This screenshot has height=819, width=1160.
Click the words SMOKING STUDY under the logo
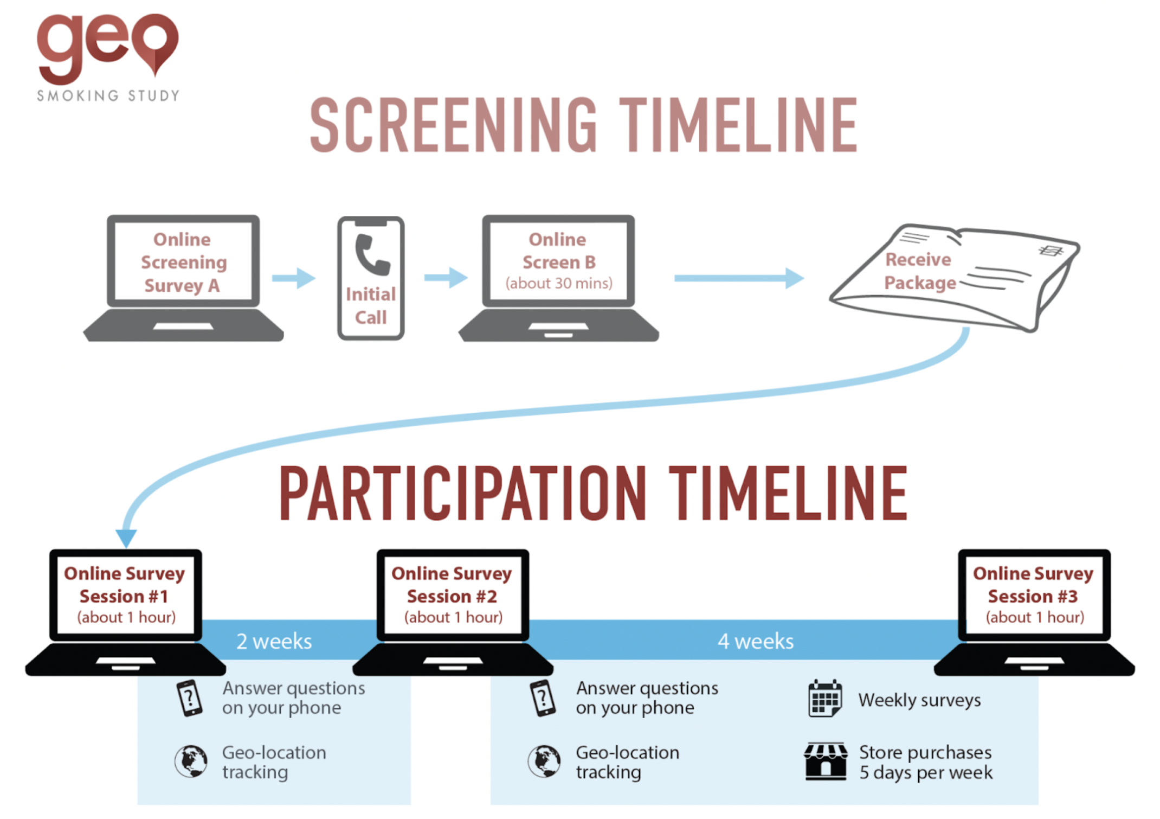click(x=108, y=96)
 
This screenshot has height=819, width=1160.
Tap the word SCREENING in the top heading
click(x=453, y=125)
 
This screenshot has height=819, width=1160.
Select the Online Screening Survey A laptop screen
click(x=183, y=262)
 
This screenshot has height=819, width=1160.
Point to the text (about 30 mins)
click(x=558, y=283)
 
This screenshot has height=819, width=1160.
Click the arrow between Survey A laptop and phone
click(x=293, y=278)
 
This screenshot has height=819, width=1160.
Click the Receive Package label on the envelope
click(x=919, y=271)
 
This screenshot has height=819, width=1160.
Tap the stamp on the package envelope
click(x=1051, y=251)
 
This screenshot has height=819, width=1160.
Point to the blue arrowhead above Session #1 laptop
click(x=126, y=538)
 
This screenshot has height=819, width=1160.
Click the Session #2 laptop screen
click(x=452, y=594)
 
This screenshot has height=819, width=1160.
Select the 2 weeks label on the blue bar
click(x=274, y=641)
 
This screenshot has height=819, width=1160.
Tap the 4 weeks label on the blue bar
click(x=755, y=641)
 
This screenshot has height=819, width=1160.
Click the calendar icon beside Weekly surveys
click(x=824, y=699)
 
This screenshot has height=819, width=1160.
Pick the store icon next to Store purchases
click(x=825, y=762)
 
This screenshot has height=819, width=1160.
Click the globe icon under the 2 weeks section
click(x=191, y=761)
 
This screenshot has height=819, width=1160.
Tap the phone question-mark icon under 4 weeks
click(x=543, y=698)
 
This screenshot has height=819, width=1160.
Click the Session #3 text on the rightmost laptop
click(x=1033, y=596)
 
